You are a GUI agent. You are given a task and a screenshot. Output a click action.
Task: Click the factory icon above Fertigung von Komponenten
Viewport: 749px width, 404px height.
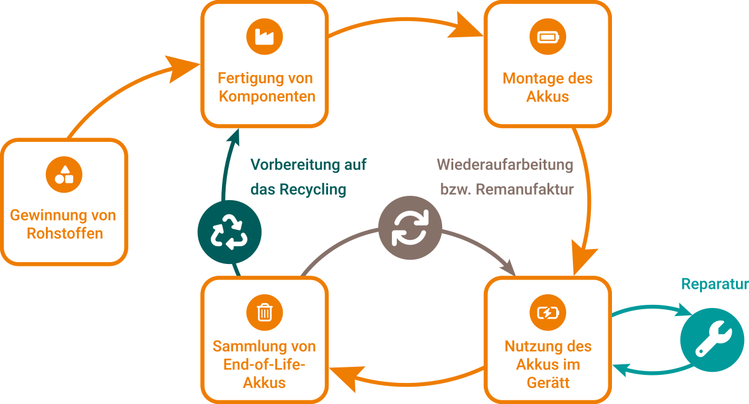point(264,37)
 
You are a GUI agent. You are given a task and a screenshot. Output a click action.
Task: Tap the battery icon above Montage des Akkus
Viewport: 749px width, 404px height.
point(547,37)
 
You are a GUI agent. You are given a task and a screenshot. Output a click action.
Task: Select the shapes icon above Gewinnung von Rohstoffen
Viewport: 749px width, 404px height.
point(64,174)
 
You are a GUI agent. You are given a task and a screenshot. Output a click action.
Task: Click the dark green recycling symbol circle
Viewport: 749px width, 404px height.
point(229,232)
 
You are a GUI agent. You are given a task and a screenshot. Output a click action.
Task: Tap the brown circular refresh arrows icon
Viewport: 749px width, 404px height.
point(410,228)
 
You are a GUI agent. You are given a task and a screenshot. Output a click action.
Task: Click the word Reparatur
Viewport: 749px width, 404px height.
point(715,284)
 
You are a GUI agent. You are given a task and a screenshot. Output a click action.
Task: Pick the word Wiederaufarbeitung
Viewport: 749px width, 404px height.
point(505,165)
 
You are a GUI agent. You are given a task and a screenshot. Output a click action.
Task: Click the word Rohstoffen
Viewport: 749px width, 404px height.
point(64,234)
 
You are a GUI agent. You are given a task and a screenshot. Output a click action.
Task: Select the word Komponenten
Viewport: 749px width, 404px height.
point(267,97)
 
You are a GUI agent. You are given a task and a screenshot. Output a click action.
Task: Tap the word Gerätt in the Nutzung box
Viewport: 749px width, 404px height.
point(547,382)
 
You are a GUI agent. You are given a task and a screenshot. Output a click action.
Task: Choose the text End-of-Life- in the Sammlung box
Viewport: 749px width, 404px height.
point(264,364)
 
